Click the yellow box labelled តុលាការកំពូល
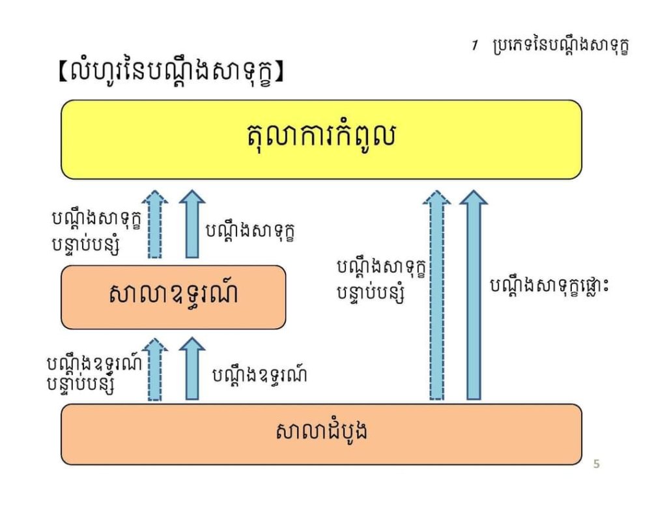pos(321,139)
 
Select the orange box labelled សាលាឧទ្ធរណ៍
pos(173,297)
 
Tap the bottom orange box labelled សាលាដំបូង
pos(321,434)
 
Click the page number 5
pos(596,464)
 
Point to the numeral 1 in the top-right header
pos(475,47)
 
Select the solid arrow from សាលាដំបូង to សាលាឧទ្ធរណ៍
pos(192,369)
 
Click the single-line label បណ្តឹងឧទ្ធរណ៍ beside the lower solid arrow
pos(260,375)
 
